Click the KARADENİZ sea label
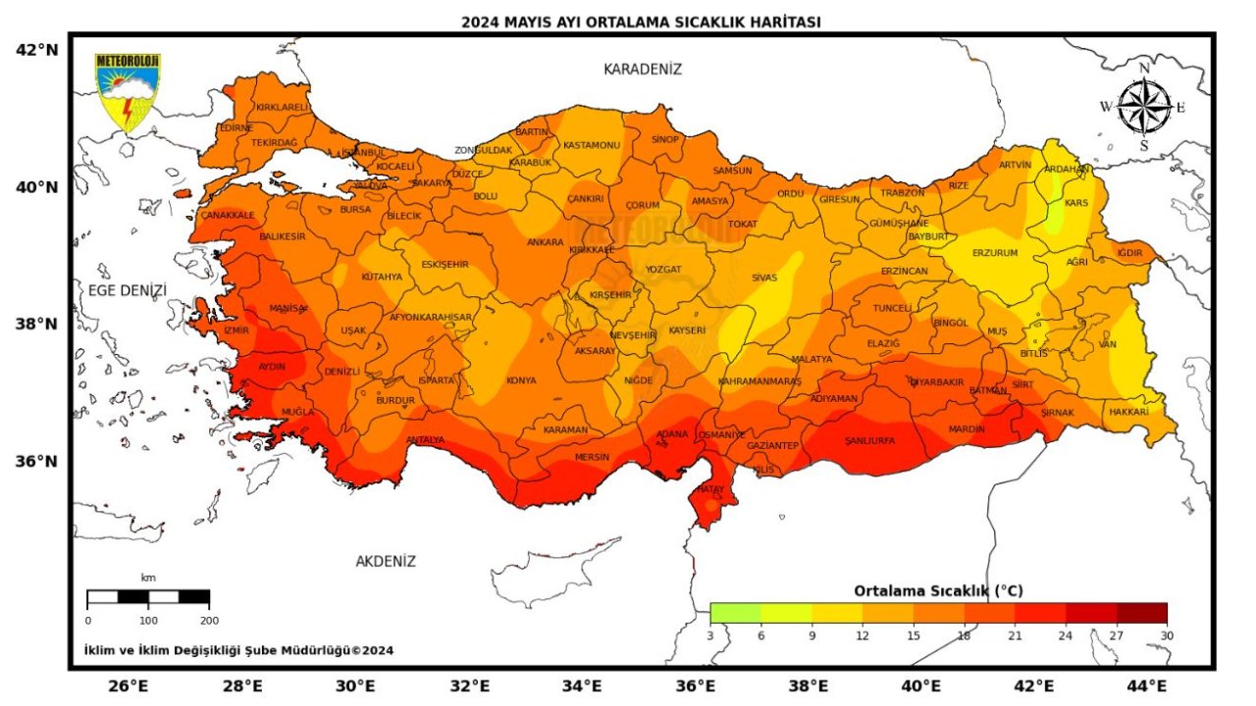pos(642,69)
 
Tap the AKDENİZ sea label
pos(386,562)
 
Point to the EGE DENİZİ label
pos(128,290)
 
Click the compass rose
pos(1144,106)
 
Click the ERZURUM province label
pos(995,253)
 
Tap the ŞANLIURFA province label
pos(869,441)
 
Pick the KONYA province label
pos(521,380)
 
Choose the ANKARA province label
pos(546,242)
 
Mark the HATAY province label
pos(709,488)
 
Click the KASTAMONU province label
pos(592,145)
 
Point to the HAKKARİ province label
pos(1128,413)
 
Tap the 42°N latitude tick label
pos(36,49)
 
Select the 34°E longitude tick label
pos(583,685)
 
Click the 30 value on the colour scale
pos(1166,635)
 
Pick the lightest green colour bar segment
pos(735,613)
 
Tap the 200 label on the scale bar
pos(209,620)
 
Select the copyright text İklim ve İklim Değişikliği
pos(238,650)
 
